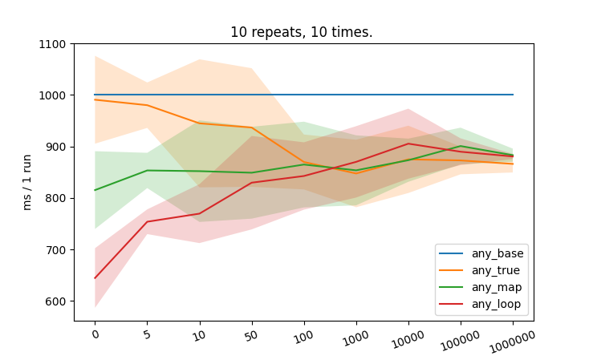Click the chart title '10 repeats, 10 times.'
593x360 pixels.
pos(301,32)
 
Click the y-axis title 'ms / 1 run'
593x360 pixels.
pos(27,182)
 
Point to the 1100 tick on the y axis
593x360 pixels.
pos(52,44)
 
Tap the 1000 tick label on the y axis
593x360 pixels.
pos(52,95)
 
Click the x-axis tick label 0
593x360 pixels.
pos(95,333)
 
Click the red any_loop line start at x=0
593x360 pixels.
pos(95,278)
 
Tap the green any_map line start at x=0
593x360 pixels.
pos(95,190)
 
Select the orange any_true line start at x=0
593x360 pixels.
pos(95,99)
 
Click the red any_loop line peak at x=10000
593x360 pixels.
pos(408,144)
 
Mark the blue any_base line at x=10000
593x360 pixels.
pos(408,95)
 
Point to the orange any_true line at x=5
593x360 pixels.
pos(147,105)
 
